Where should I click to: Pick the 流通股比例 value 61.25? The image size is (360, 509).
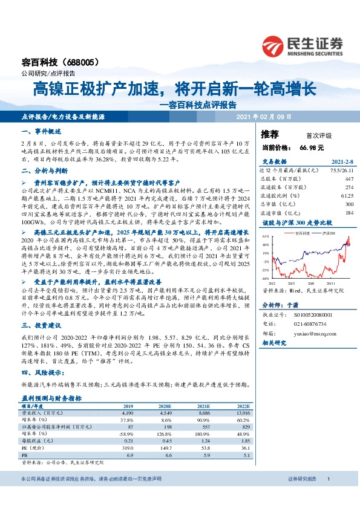(x=346, y=196)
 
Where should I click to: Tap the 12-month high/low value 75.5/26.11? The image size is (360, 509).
(x=339, y=171)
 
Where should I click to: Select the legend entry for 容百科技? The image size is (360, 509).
(x=298, y=233)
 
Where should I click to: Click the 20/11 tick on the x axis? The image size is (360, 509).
(x=332, y=282)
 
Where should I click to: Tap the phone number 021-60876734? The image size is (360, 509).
(x=311, y=324)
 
